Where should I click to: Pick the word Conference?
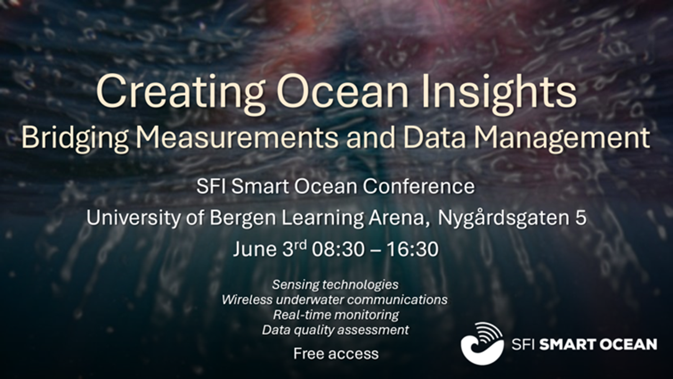[x=419, y=186]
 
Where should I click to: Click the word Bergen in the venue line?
[x=243, y=218]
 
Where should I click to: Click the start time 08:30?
[x=338, y=250]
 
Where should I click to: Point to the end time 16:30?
[x=413, y=250]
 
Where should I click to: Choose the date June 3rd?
[x=270, y=249]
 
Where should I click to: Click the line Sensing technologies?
[x=335, y=285]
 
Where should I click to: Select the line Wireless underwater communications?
[x=335, y=300]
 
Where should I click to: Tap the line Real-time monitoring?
[x=336, y=315]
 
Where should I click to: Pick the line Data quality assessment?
[x=335, y=330]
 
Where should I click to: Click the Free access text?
[x=336, y=354]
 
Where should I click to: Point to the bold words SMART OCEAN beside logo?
[x=598, y=345]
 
